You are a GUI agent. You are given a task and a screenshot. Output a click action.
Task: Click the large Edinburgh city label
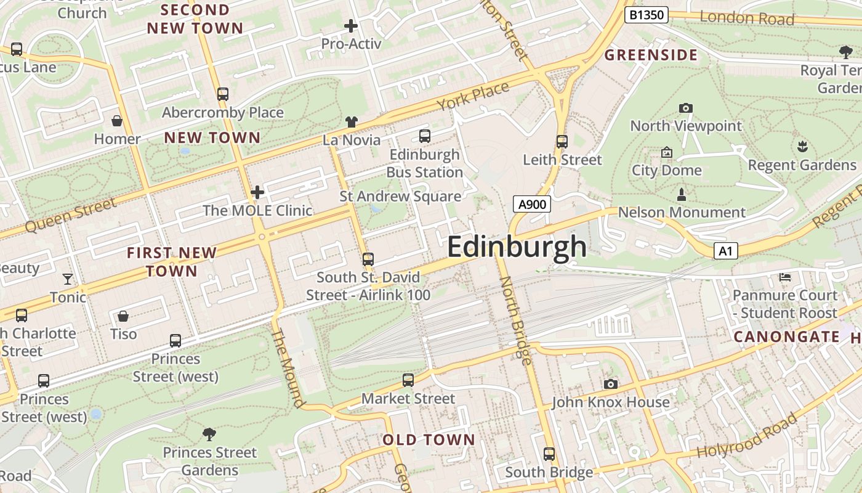coord(517,246)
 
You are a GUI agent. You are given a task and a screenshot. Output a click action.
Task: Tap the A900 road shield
coord(531,204)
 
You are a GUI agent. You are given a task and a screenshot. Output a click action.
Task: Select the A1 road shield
coord(726,251)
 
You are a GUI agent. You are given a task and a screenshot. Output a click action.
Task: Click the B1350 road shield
coord(646,15)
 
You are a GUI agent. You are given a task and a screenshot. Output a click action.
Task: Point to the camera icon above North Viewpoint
coord(685,108)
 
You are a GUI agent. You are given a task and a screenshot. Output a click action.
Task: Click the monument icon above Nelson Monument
coord(681,195)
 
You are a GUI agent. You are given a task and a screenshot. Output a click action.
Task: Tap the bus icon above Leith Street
coord(562,141)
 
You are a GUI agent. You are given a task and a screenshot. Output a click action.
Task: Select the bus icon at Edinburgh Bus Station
coord(424,136)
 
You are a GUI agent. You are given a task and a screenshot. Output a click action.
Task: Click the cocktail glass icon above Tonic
coord(68,279)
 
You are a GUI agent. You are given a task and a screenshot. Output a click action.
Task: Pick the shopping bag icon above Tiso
coord(123,316)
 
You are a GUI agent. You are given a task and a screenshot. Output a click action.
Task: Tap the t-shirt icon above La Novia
coord(351,122)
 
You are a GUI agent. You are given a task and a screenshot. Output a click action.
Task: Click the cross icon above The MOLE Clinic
coord(257,192)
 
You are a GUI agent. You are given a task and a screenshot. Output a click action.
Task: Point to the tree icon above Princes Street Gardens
coord(209,434)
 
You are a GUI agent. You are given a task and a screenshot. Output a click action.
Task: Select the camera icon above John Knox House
coord(610,384)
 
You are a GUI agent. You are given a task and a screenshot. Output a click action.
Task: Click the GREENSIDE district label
coord(651,55)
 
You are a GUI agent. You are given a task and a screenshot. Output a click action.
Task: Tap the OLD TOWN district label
coord(429,440)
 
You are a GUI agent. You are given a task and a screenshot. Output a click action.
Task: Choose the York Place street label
coord(473,96)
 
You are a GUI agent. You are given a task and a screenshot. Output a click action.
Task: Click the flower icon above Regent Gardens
coord(802,147)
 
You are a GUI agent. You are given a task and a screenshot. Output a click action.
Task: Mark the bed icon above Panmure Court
coord(785,277)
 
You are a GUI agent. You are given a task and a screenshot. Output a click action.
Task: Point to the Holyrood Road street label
coord(747,436)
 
